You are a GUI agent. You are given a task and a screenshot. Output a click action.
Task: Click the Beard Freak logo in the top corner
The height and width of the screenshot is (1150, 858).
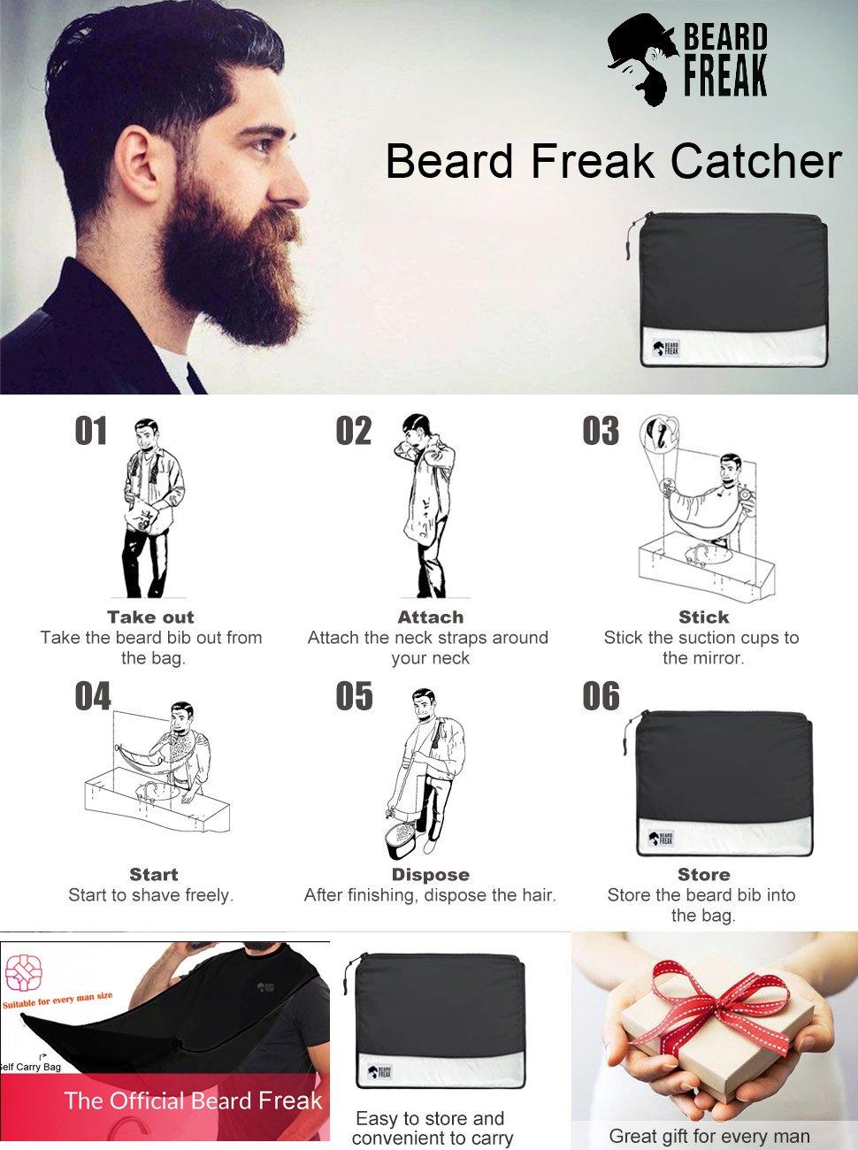687,60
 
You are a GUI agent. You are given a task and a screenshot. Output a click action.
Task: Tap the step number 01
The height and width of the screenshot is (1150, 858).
91,431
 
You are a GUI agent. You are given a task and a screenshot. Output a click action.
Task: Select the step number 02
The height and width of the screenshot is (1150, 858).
354,431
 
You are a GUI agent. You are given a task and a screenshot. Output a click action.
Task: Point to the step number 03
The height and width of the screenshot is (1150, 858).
601,431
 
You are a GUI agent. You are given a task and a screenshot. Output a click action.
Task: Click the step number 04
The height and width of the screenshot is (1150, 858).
92,696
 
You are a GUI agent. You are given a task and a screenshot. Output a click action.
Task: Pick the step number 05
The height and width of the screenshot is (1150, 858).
354,696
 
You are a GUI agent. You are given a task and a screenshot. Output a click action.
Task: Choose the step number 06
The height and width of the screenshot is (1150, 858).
601,696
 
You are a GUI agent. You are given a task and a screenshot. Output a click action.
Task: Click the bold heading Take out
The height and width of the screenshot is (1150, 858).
150,617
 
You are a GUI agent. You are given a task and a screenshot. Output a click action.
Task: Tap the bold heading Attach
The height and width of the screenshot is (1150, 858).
430,617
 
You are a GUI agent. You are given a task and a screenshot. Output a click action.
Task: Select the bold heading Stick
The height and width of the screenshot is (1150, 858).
703,617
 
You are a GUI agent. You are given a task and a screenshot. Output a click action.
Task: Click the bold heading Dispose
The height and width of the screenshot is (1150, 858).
430,875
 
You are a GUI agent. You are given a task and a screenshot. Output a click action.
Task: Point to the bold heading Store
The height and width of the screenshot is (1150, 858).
703,875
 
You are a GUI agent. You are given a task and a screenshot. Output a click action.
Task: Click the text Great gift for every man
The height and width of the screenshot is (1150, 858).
709,1136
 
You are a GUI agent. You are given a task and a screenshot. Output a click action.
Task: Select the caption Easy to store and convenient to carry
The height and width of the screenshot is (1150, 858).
429,1128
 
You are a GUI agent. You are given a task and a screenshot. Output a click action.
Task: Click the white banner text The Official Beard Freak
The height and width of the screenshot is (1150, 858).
193,1101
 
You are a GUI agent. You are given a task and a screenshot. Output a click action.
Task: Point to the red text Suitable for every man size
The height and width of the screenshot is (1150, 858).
58,1000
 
